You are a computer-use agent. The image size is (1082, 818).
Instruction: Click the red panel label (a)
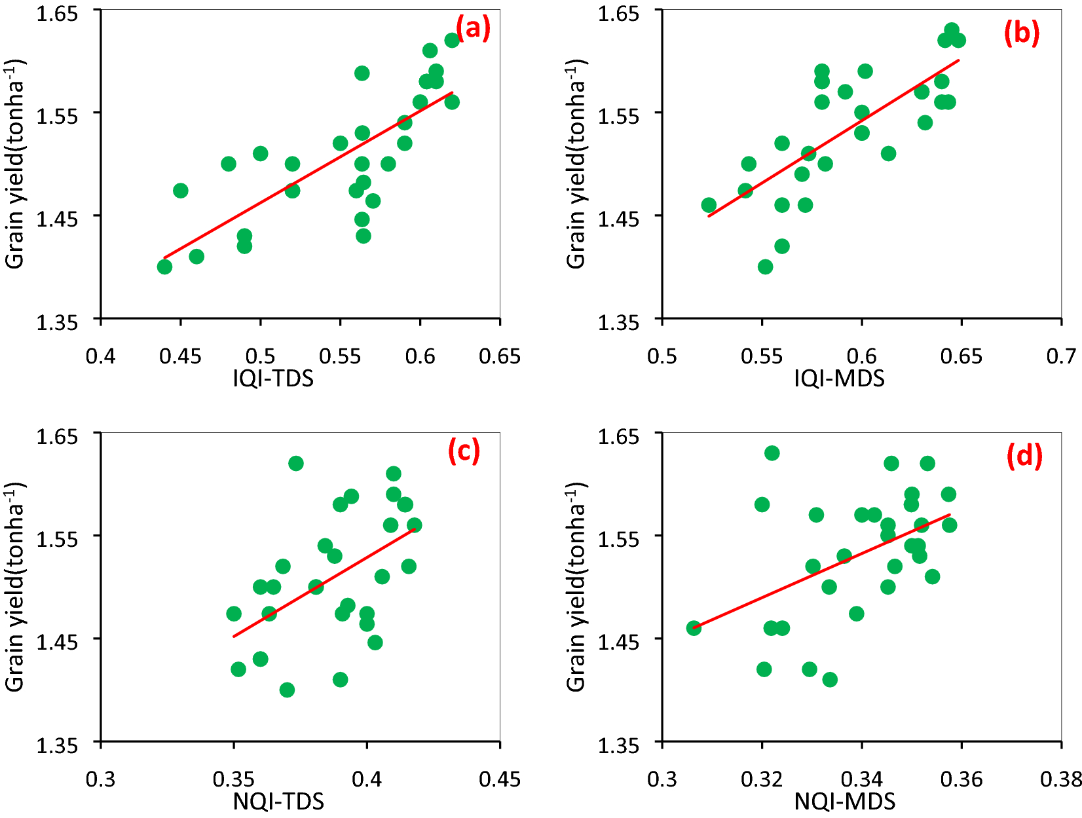click(473, 29)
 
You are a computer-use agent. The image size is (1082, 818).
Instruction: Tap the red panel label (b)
click(1021, 33)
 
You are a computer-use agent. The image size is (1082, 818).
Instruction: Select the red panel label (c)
click(464, 451)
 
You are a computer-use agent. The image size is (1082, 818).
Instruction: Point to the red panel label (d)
click(1024, 456)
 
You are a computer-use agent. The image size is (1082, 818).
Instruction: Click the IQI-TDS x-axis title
click(273, 378)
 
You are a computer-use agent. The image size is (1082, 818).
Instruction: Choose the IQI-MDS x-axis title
click(839, 378)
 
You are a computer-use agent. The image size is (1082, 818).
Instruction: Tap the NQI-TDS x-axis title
click(278, 801)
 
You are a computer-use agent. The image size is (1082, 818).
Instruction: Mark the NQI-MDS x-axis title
click(844, 801)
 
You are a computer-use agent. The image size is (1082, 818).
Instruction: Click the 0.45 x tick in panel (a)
click(180, 356)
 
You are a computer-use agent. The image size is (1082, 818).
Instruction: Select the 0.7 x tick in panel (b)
click(1061, 356)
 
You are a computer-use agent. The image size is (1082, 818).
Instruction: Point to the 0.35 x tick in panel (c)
click(233, 779)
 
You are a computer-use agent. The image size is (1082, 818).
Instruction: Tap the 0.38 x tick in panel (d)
click(1061, 779)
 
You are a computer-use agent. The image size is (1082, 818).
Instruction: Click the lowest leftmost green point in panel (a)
click(164, 267)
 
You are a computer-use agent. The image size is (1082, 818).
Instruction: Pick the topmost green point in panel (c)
click(296, 463)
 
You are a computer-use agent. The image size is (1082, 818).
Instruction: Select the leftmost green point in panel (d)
click(694, 627)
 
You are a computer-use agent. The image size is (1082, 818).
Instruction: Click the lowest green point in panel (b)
click(765, 267)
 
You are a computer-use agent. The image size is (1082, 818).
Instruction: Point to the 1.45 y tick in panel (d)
click(618, 641)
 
